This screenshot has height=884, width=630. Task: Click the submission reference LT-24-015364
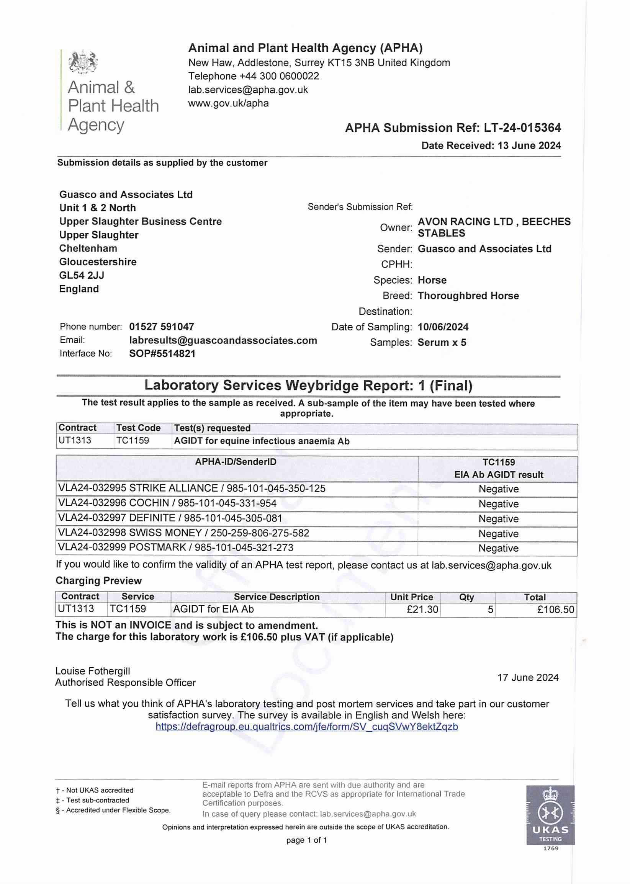[x=522, y=128]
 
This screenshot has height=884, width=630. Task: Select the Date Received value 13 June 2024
[x=529, y=146]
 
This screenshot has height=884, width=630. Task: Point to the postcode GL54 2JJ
[x=82, y=275]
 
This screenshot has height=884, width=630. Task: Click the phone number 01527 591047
[x=161, y=327]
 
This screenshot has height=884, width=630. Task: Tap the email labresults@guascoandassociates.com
[x=223, y=340]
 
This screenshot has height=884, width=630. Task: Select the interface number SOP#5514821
[x=162, y=354]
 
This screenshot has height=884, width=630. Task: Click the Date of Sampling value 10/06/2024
[x=443, y=327]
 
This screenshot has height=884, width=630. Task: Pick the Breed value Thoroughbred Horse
[x=468, y=296]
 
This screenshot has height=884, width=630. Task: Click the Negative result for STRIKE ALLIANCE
[x=499, y=489]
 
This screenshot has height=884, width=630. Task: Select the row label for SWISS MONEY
[x=183, y=533]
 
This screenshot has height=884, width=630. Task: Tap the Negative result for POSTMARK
[x=499, y=548]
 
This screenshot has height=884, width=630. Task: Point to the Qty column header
[x=466, y=597]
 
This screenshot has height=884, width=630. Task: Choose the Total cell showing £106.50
[x=555, y=609]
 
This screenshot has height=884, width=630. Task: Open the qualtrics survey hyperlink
[x=307, y=727]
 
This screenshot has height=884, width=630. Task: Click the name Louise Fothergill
[x=93, y=671]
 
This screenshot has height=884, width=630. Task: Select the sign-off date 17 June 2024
[x=528, y=677]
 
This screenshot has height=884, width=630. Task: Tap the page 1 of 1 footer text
[x=306, y=840]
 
